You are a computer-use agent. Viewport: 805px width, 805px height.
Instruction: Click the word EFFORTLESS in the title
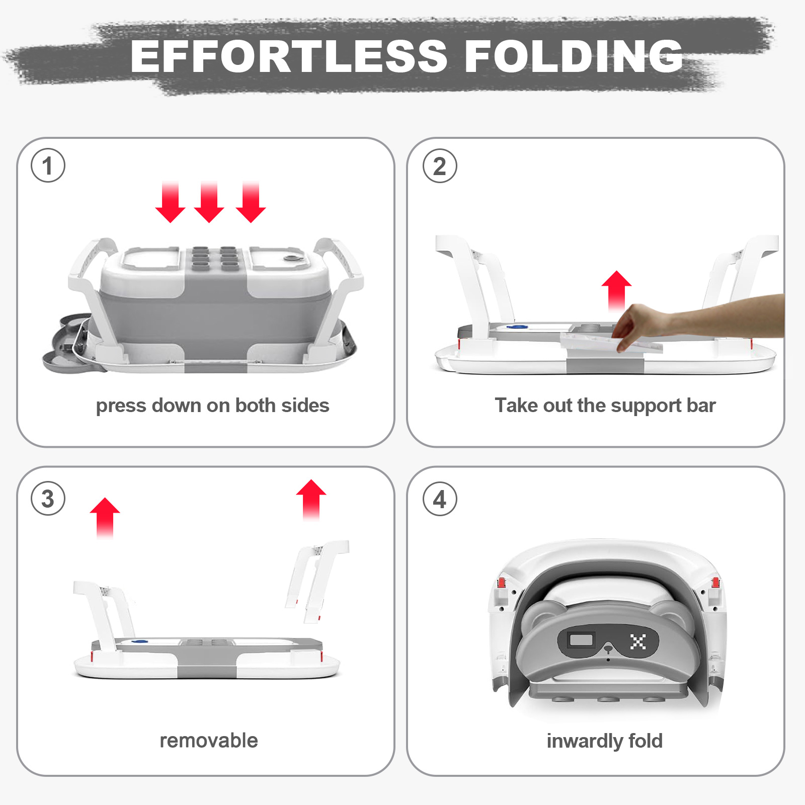[289, 56]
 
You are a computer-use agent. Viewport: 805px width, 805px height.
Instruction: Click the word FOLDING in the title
[574, 56]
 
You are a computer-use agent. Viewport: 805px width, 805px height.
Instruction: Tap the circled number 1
[48, 166]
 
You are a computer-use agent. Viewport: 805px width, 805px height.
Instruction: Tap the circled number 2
[440, 166]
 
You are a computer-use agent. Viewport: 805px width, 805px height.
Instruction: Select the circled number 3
[48, 499]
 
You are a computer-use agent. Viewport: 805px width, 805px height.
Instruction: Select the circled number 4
[440, 499]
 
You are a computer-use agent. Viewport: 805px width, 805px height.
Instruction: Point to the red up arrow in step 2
[616, 290]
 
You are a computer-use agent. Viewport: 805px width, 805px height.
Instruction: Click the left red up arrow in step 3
[105, 518]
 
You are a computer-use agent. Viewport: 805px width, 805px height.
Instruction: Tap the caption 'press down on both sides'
[212, 406]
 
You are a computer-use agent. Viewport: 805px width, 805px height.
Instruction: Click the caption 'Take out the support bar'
[605, 406]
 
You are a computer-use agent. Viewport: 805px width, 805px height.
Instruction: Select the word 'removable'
[209, 741]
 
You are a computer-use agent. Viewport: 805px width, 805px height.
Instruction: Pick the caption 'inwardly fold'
[605, 741]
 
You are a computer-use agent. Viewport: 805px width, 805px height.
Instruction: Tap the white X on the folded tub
[638, 641]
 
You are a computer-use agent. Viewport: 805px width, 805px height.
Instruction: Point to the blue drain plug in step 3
[139, 641]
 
